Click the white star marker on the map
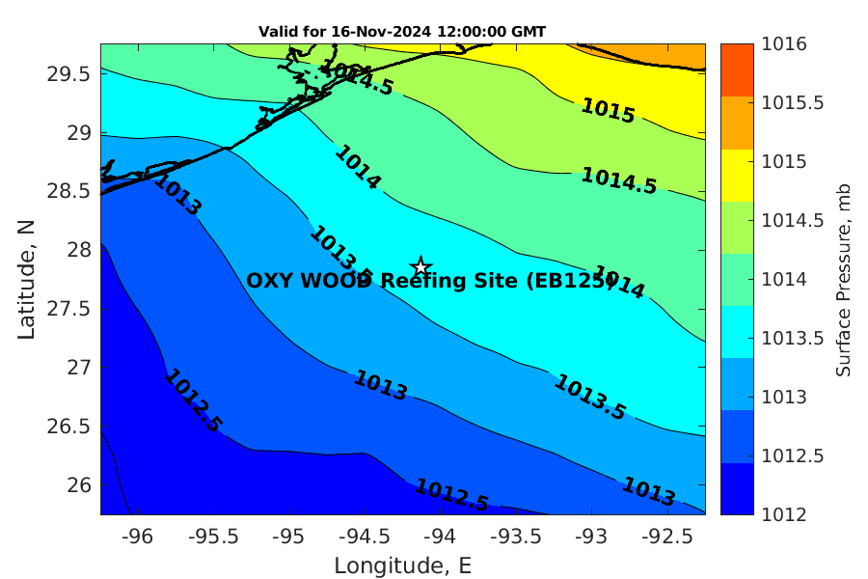pyautogui.click(x=420, y=267)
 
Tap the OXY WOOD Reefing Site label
pyautogui.click(x=430, y=281)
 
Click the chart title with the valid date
pyautogui.click(x=402, y=32)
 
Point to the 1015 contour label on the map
pyautogui.click(x=608, y=111)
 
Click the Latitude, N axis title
pyautogui.click(x=27, y=279)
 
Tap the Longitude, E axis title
pyautogui.click(x=402, y=565)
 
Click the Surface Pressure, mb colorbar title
pyautogui.click(x=844, y=279)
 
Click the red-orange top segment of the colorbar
pyautogui.click(x=740, y=69)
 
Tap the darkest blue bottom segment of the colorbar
pyautogui.click(x=740, y=488)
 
